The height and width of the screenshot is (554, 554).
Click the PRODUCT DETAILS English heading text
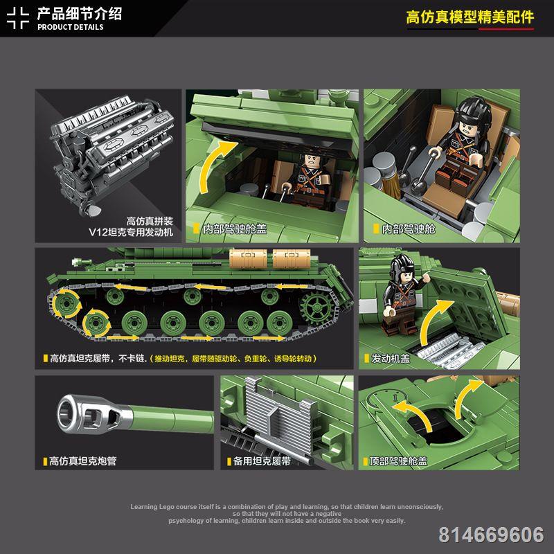click(70, 27)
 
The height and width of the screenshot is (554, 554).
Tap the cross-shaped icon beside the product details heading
click(17, 17)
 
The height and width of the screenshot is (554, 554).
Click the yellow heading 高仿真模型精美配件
click(470, 17)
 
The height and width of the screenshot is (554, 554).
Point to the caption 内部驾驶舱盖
click(235, 229)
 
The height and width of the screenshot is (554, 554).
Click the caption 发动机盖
click(391, 359)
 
